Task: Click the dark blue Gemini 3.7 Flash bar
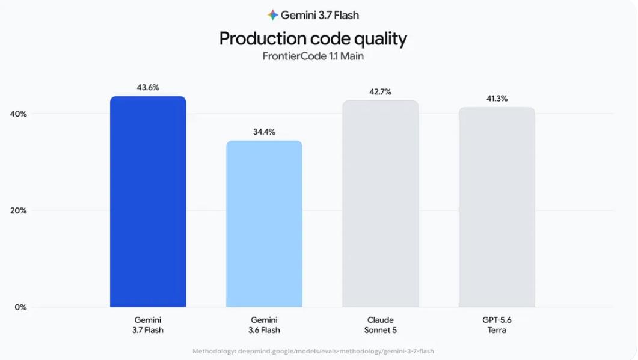pos(148,201)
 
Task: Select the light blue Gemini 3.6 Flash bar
pos(264,224)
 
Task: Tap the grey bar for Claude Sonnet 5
pos(381,203)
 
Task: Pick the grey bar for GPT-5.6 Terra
pos(497,207)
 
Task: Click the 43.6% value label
pos(148,88)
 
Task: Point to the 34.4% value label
pos(264,132)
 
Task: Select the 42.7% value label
pos(381,92)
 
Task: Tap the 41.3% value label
pos(497,99)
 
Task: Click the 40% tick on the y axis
pos(18,114)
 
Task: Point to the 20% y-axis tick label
pos(18,210)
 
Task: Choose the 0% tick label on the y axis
pos(21,307)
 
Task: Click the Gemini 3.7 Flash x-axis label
pos(148,325)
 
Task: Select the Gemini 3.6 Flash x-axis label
pos(264,325)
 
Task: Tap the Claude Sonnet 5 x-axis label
pos(381,325)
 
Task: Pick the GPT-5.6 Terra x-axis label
pos(497,325)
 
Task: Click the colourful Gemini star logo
pos(272,15)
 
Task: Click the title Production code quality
pos(313,38)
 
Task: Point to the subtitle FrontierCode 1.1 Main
pos(313,56)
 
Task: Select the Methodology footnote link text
pos(313,351)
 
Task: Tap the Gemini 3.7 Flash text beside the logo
pos(320,15)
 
